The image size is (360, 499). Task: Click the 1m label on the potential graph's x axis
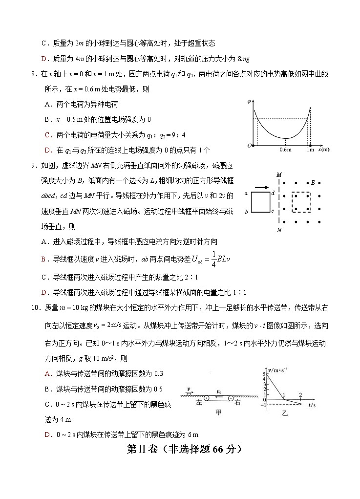(x=310, y=150)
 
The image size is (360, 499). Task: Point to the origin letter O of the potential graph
(x=250, y=146)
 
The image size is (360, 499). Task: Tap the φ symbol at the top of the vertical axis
(x=249, y=101)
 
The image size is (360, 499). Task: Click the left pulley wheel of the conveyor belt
(x=206, y=397)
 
